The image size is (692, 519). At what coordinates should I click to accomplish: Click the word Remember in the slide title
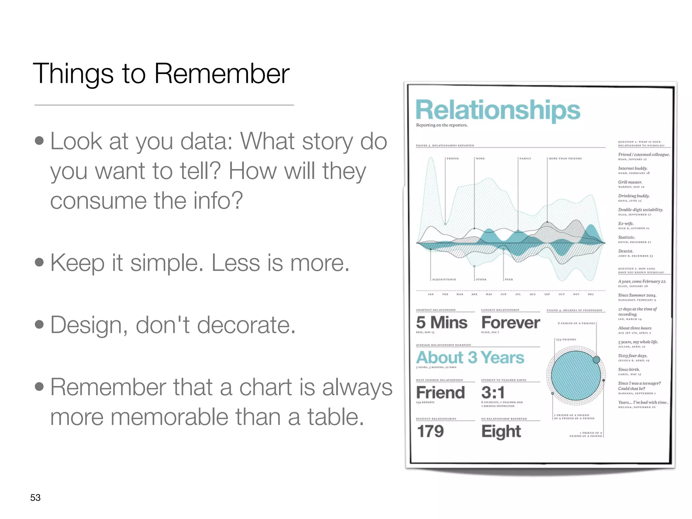click(x=222, y=74)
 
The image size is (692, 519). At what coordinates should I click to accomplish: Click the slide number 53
click(x=35, y=497)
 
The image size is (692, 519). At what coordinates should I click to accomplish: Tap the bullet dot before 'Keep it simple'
click(x=39, y=263)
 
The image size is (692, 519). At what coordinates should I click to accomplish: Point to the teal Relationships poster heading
click(x=498, y=110)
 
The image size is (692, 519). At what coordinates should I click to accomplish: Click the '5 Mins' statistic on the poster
click(x=441, y=322)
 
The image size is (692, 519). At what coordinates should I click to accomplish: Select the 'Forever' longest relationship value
click(x=511, y=323)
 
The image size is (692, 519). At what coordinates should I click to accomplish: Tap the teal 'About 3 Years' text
click(x=470, y=357)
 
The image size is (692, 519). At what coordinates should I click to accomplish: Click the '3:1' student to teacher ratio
click(x=493, y=393)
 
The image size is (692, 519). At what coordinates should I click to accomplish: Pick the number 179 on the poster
click(x=430, y=431)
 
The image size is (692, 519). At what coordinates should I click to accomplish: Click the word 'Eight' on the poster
click(x=501, y=432)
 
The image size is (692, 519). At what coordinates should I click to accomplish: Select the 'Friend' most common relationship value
click(x=440, y=393)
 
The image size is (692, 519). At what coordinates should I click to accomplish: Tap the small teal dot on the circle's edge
click(x=596, y=360)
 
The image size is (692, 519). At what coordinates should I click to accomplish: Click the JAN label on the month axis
click(x=430, y=294)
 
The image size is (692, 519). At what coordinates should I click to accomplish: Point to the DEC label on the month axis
click(x=591, y=294)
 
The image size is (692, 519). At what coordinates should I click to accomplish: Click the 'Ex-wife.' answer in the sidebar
click(x=626, y=224)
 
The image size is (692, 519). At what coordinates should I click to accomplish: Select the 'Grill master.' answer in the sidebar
click(x=630, y=182)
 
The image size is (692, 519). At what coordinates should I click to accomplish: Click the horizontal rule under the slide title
click(x=164, y=105)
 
